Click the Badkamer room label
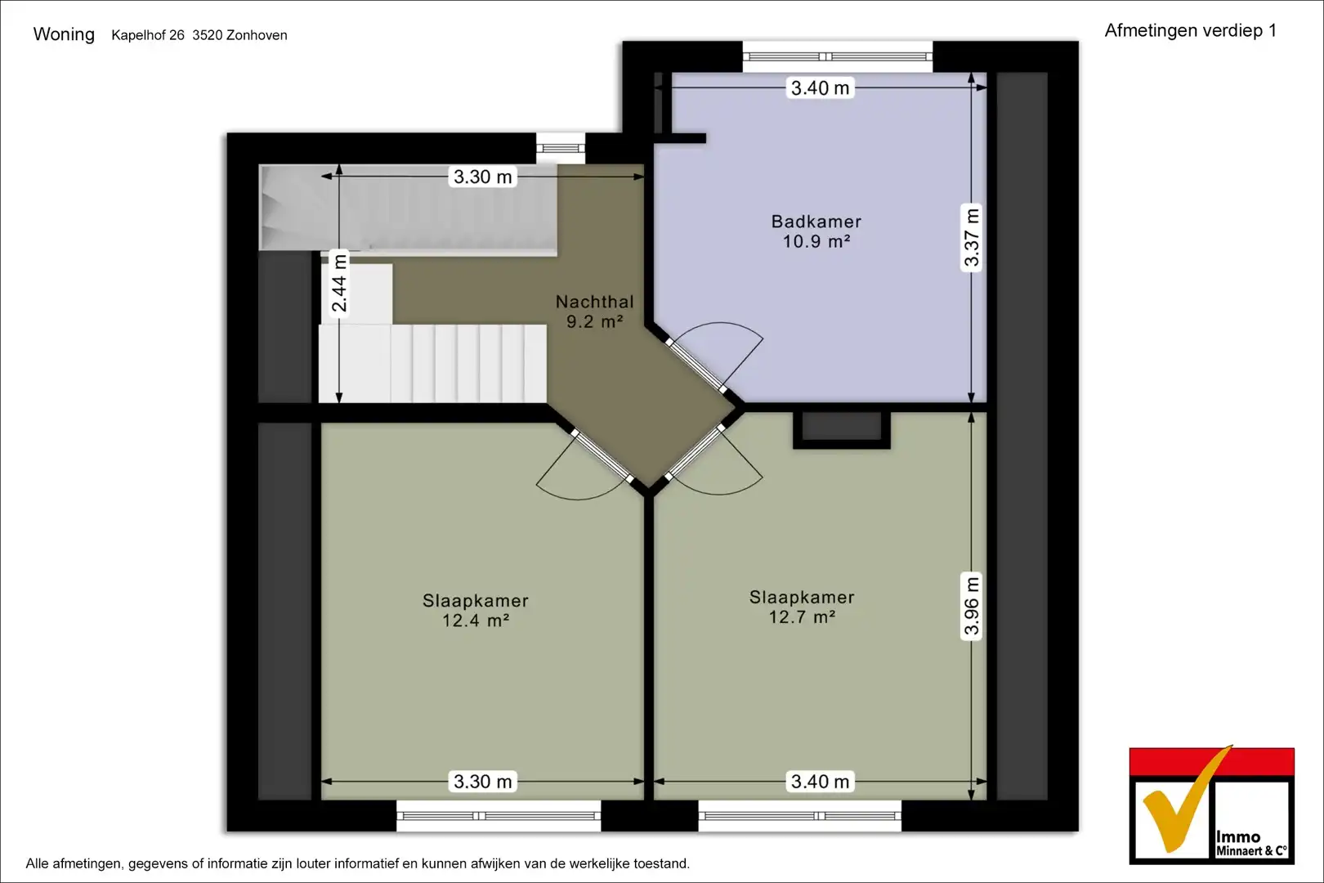click(x=816, y=222)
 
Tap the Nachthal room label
click(x=594, y=303)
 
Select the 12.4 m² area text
click(x=476, y=621)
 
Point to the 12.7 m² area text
click(x=802, y=616)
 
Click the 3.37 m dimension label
click(x=972, y=236)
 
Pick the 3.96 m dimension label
click(x=972, y=606)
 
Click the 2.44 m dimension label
click(x=339, y=283)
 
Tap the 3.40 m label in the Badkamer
click(x=820, y=88)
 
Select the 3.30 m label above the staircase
click(x=482, y=177)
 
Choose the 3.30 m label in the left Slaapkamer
click(x=482, y=782)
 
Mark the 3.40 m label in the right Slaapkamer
click(x=820, y=782)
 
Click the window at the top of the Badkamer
click(x=837, y=56)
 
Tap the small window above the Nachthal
click(x=561, y=148)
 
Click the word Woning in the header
click(x=64, y=34)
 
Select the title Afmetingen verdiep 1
click(x=1191, y=30)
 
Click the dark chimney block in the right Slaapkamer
click(x=842, y=427)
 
